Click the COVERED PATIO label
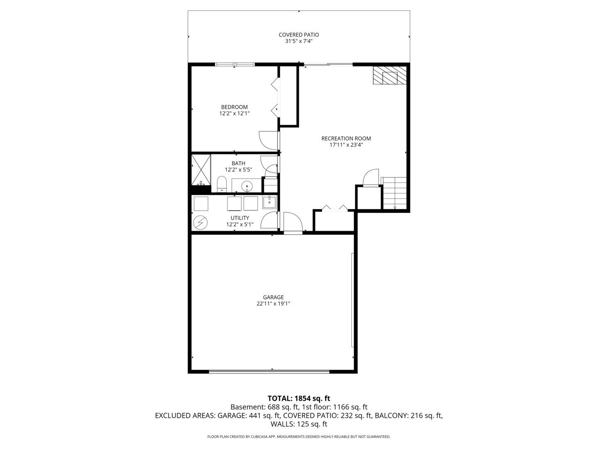(299, 35)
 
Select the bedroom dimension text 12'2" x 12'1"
(234, 113)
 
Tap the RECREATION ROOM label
(346, 138)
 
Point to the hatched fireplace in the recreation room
(389, 76)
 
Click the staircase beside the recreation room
(394, 193)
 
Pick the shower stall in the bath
(201, 170)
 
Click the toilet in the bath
(222, 184)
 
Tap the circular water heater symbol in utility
(200, 222)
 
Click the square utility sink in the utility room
(269, 202)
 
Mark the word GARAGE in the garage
(273, 297)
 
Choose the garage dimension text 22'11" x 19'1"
(273, 304)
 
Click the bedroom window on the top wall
(235, 64)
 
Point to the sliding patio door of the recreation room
(328, 64)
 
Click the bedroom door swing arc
(268, 141)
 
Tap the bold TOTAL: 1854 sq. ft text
(299, 398)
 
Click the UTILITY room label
(240, 218)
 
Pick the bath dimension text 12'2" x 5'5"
(238, 170)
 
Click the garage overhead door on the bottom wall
(269, 371)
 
